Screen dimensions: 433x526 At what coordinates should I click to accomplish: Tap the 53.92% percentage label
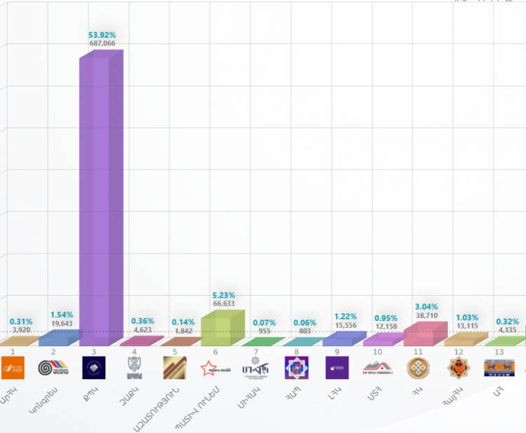pyautogui.click(x=102, y=34)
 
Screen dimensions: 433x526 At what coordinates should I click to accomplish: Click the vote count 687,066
pyautogui.click(x=102, y=43)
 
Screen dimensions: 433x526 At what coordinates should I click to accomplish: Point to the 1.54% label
pyautogui.click(x=61, y=315)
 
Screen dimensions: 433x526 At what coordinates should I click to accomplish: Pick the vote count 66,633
pyautogui.click(x=224, y=304)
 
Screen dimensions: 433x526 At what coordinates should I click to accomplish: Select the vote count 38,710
pyautogui.click(x=426, y=317)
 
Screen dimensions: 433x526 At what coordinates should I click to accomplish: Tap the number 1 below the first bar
pyautogui.click(x=13, y=352)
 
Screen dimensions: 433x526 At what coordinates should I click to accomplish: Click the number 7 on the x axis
pyautogui.click(x=256, y=352)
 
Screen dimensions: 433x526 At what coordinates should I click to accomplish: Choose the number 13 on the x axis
pyautogui.click(x=499, y=352)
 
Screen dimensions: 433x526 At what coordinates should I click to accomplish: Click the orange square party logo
pyautogui.click(x=13, y=367)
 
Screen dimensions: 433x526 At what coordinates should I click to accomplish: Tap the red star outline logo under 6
pyautogui.click(x=215, y=367)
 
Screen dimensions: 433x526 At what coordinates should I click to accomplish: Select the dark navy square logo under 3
pyautogui.click(x=94, y=367)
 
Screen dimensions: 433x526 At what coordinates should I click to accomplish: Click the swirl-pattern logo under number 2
pyautogui.click(x=53, y=367)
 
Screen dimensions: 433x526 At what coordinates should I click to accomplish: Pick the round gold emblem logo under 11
pyautogui.click(x=419, y=367)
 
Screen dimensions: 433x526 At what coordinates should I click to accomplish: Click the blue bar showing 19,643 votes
pyautogui.click(x=58, y=338)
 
